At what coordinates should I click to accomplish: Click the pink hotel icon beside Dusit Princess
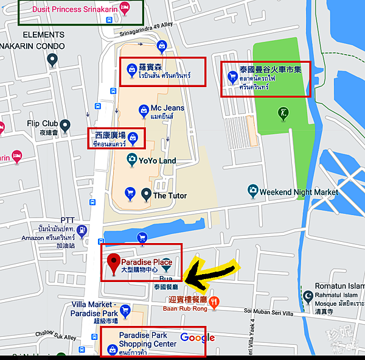click(x=125, y=8)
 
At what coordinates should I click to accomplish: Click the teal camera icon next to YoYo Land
click(x=131, y=160)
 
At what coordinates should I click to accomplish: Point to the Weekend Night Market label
click(x=299, y=191)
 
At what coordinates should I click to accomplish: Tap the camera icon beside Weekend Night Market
click(x=252, y=191)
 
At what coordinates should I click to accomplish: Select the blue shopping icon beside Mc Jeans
click(x=142, y=110)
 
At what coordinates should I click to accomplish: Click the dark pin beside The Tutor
click(x=146, y=194)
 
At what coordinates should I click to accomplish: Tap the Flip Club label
click(x=42, y=124)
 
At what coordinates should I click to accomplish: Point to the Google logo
click(x=197, y=337)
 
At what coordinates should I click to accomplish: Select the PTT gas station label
click(x=67, y=220)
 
